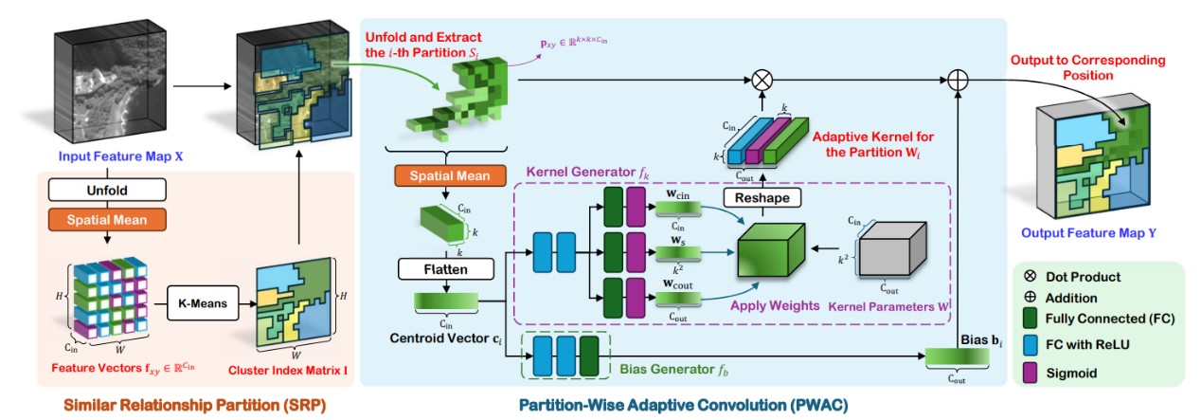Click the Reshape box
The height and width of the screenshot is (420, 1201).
coord(762,198)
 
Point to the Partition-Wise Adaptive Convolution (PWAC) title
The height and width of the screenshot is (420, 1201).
coord(682,404)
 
